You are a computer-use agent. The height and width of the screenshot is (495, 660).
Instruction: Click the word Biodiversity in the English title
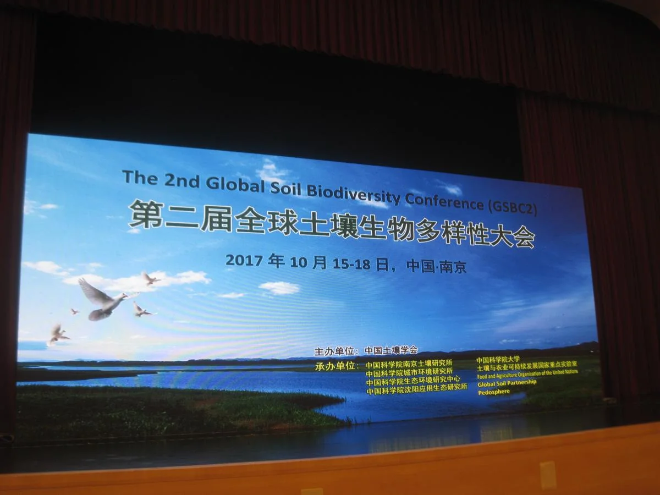click(353, 194)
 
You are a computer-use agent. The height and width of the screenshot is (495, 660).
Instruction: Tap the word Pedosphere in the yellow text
click(493, 392)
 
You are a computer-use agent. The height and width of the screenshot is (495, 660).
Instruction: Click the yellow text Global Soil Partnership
click(507, 382)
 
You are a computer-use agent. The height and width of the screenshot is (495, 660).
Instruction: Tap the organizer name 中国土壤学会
click(391, 350)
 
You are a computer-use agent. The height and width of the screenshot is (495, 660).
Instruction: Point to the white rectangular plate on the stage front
click(548, 475)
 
